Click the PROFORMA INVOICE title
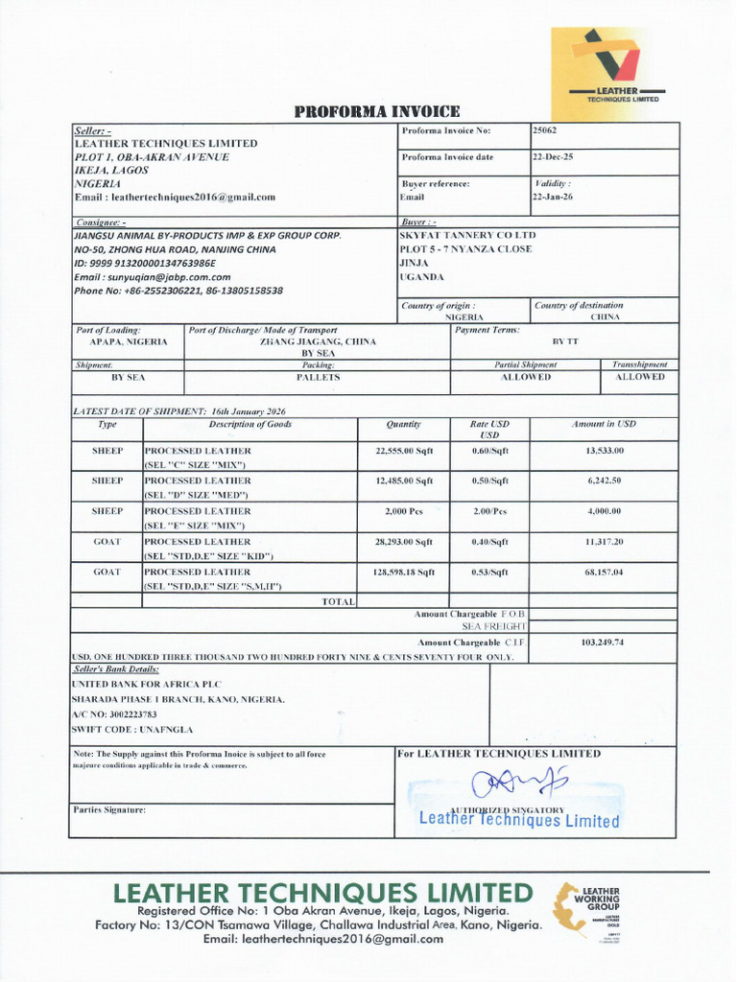coord(377,112)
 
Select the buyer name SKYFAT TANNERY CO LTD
coord(467,235)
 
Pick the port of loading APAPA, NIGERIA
coord(129,341)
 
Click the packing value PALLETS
coord(318,377)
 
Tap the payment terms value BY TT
coord(565,341)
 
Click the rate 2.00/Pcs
coord(489,511)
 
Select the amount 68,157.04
coord(605,572)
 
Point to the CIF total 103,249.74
coord(603,642)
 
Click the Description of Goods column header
coord(250,424)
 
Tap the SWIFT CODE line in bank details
coord(126,729)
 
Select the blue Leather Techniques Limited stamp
coord(519,820)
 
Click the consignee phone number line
coord(178,290)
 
